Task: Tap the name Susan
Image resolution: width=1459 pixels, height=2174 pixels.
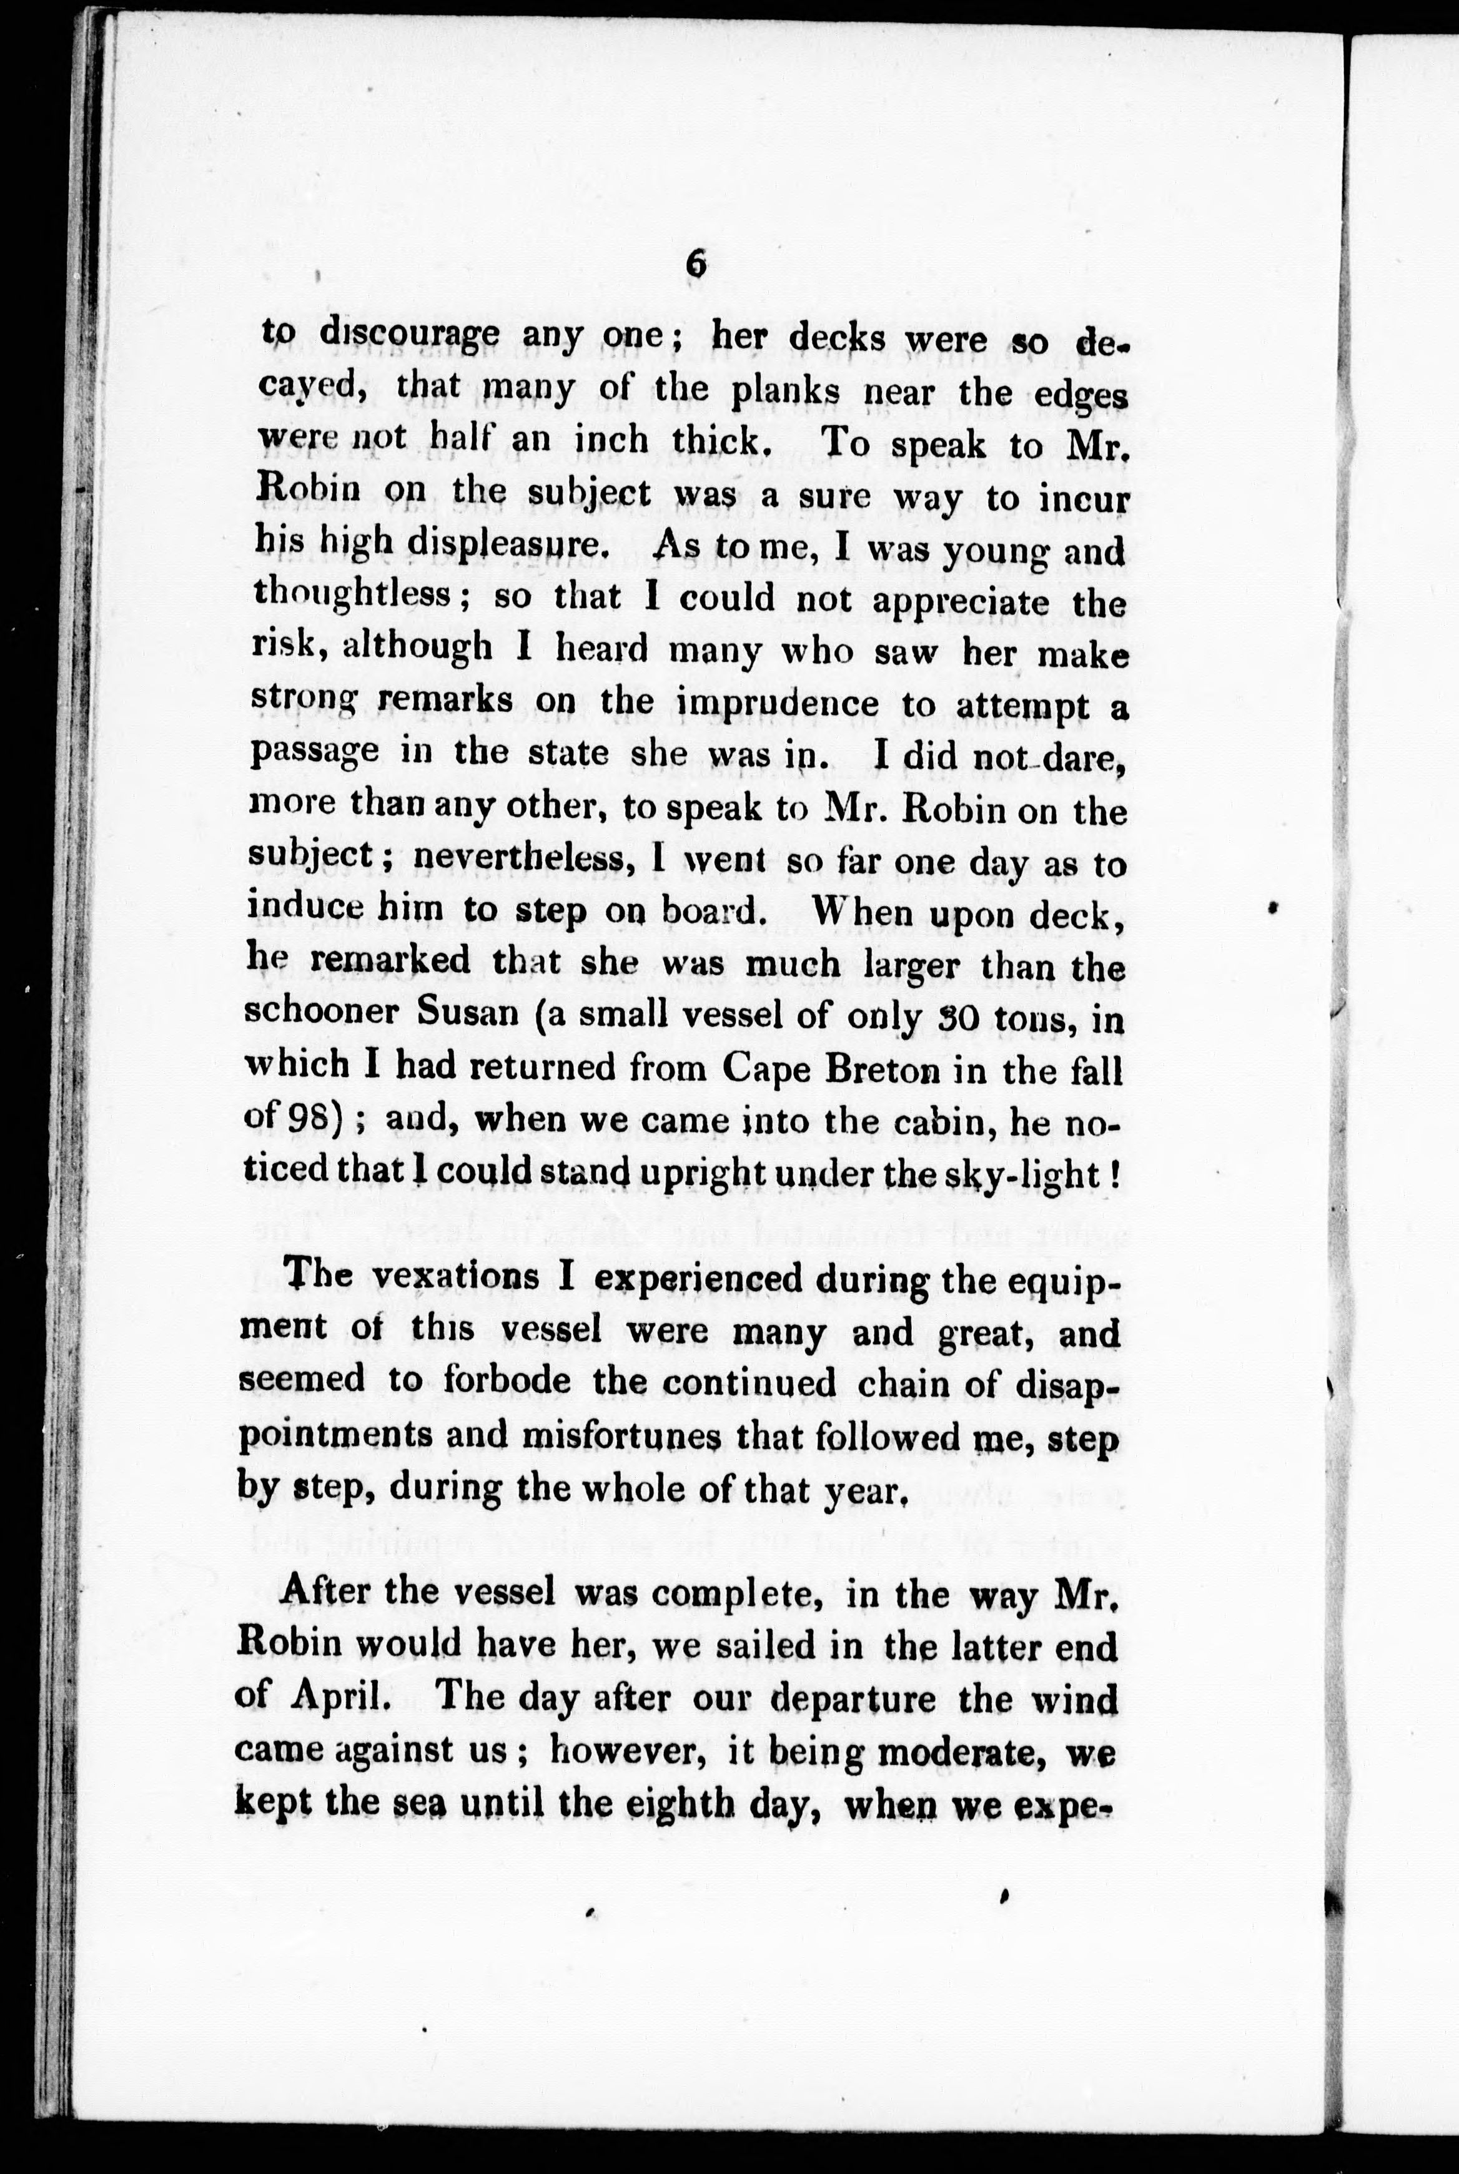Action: click(x=468, y=1012)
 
